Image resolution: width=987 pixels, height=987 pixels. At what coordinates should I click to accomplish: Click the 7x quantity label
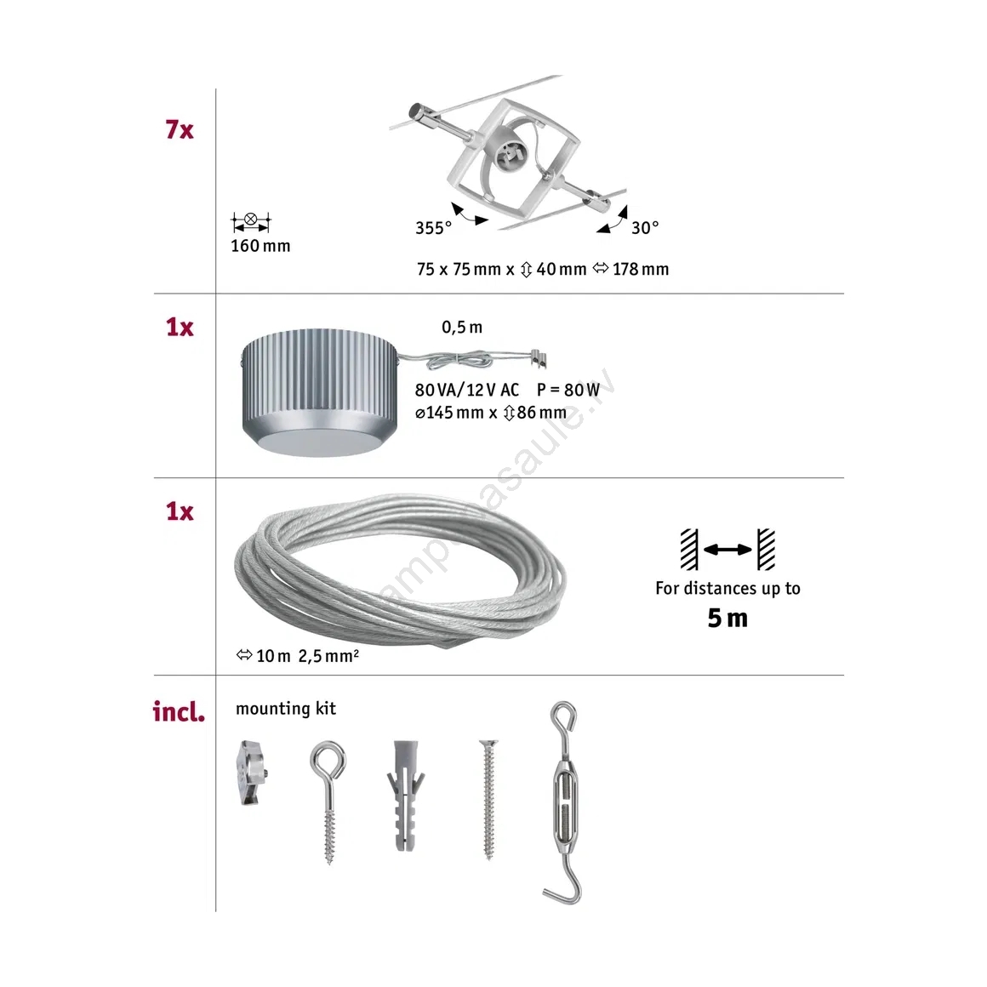coord(180,129)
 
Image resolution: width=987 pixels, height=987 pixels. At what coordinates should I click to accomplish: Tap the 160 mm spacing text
coord(260,246)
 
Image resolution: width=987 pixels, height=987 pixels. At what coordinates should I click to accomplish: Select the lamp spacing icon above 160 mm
coord(250,221)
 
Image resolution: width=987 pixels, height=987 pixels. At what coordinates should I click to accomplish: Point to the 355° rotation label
coord(433,228)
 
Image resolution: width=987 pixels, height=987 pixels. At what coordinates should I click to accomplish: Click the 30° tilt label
coord(645,227)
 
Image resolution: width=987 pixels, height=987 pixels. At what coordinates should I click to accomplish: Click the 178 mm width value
coord(641,270)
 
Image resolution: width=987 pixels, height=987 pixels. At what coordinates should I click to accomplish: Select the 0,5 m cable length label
coord(462,328)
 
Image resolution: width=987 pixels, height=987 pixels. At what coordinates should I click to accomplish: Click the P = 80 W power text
coord(568,391)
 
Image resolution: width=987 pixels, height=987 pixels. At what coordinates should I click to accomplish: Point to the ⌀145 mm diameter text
coord(449,413)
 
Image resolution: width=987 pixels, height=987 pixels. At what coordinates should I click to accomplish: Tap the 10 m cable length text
coord(273,656)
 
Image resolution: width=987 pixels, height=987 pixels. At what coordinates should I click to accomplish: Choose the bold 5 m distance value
coord(727,618)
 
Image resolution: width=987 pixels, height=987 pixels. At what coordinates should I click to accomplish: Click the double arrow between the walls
coord(727,550)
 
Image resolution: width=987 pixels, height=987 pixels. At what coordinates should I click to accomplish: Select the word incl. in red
coord(179,712)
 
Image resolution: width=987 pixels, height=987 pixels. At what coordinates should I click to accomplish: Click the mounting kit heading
coord(286,709)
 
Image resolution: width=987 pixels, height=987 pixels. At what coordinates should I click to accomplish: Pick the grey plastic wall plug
coord(405,796)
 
